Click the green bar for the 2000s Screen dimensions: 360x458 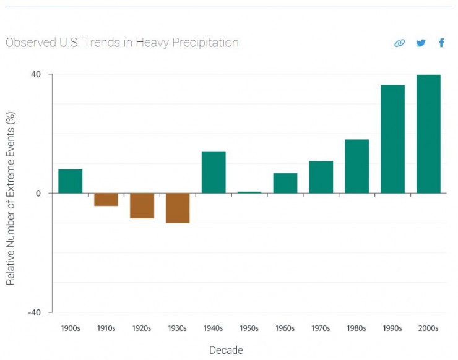tap(428, 134)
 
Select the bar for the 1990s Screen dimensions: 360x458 tap(392, 139)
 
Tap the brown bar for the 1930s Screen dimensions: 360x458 tap(178, 208)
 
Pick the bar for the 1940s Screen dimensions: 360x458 tap(214, 172)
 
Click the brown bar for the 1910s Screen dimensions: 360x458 tap(106, 199)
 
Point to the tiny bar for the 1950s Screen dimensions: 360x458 tap(249, 192)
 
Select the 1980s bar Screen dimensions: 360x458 tap(356, 166)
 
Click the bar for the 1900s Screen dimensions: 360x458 tap(70, 181)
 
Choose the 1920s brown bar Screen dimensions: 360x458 tap(142, 205)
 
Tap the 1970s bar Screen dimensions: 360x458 tap(321, 177)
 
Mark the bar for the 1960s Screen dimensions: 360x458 tap(285, 182)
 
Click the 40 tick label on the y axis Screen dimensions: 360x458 tap(36, 74)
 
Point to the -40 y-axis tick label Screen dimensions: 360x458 tap(34, 312)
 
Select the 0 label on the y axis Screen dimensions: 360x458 tap(38, 193)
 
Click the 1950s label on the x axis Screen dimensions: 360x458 tap(249, 328)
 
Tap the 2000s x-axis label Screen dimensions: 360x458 tap(428, 328)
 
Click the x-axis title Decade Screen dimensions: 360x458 tap(226, 350)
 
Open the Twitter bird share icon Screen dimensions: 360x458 tap(421, 43)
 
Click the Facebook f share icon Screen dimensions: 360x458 tap(441, 43)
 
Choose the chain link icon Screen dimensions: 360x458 tap(400, 43)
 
